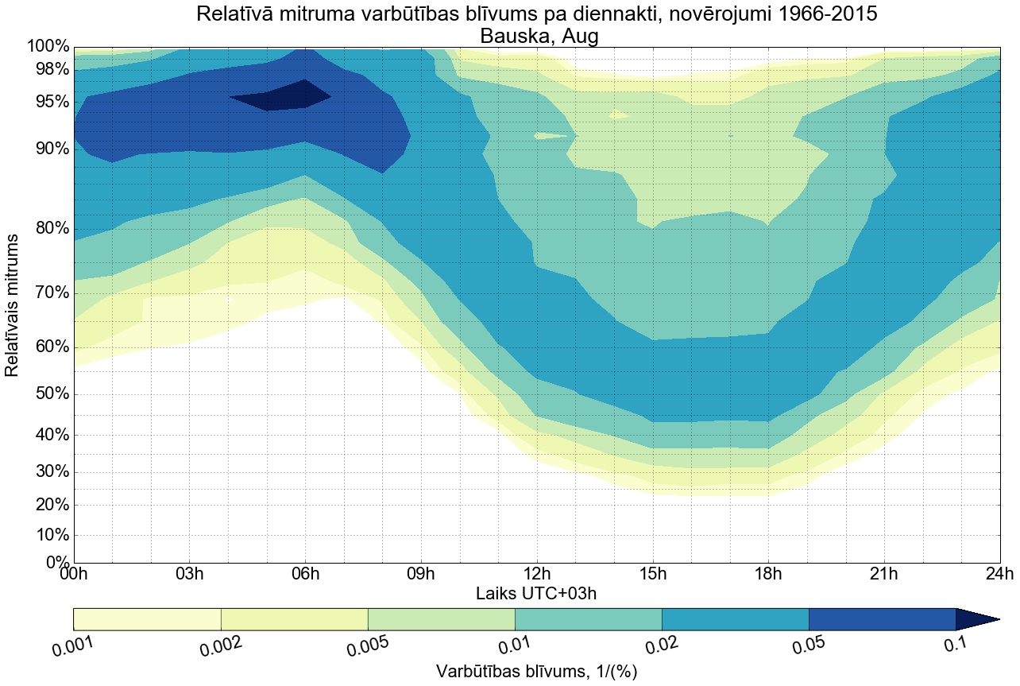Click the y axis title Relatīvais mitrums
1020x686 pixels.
13,306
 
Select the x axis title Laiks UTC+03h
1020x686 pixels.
536,594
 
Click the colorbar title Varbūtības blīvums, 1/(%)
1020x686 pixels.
536,671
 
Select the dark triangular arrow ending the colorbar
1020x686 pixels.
976,619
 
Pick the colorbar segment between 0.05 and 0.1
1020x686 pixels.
882,619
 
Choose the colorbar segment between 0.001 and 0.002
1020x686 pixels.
147,619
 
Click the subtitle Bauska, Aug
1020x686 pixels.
536,36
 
